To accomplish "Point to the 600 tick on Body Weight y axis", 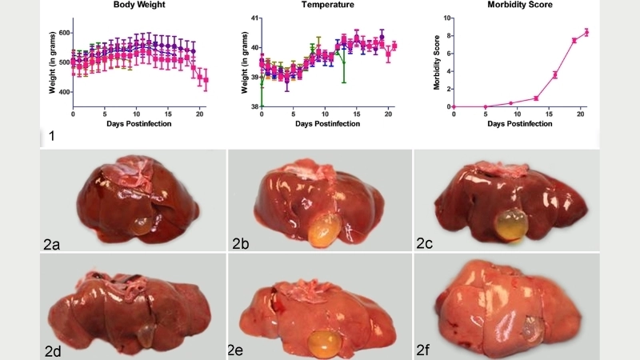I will click(x=62, y=33).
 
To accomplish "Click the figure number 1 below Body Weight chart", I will click(x=52, y=136).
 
